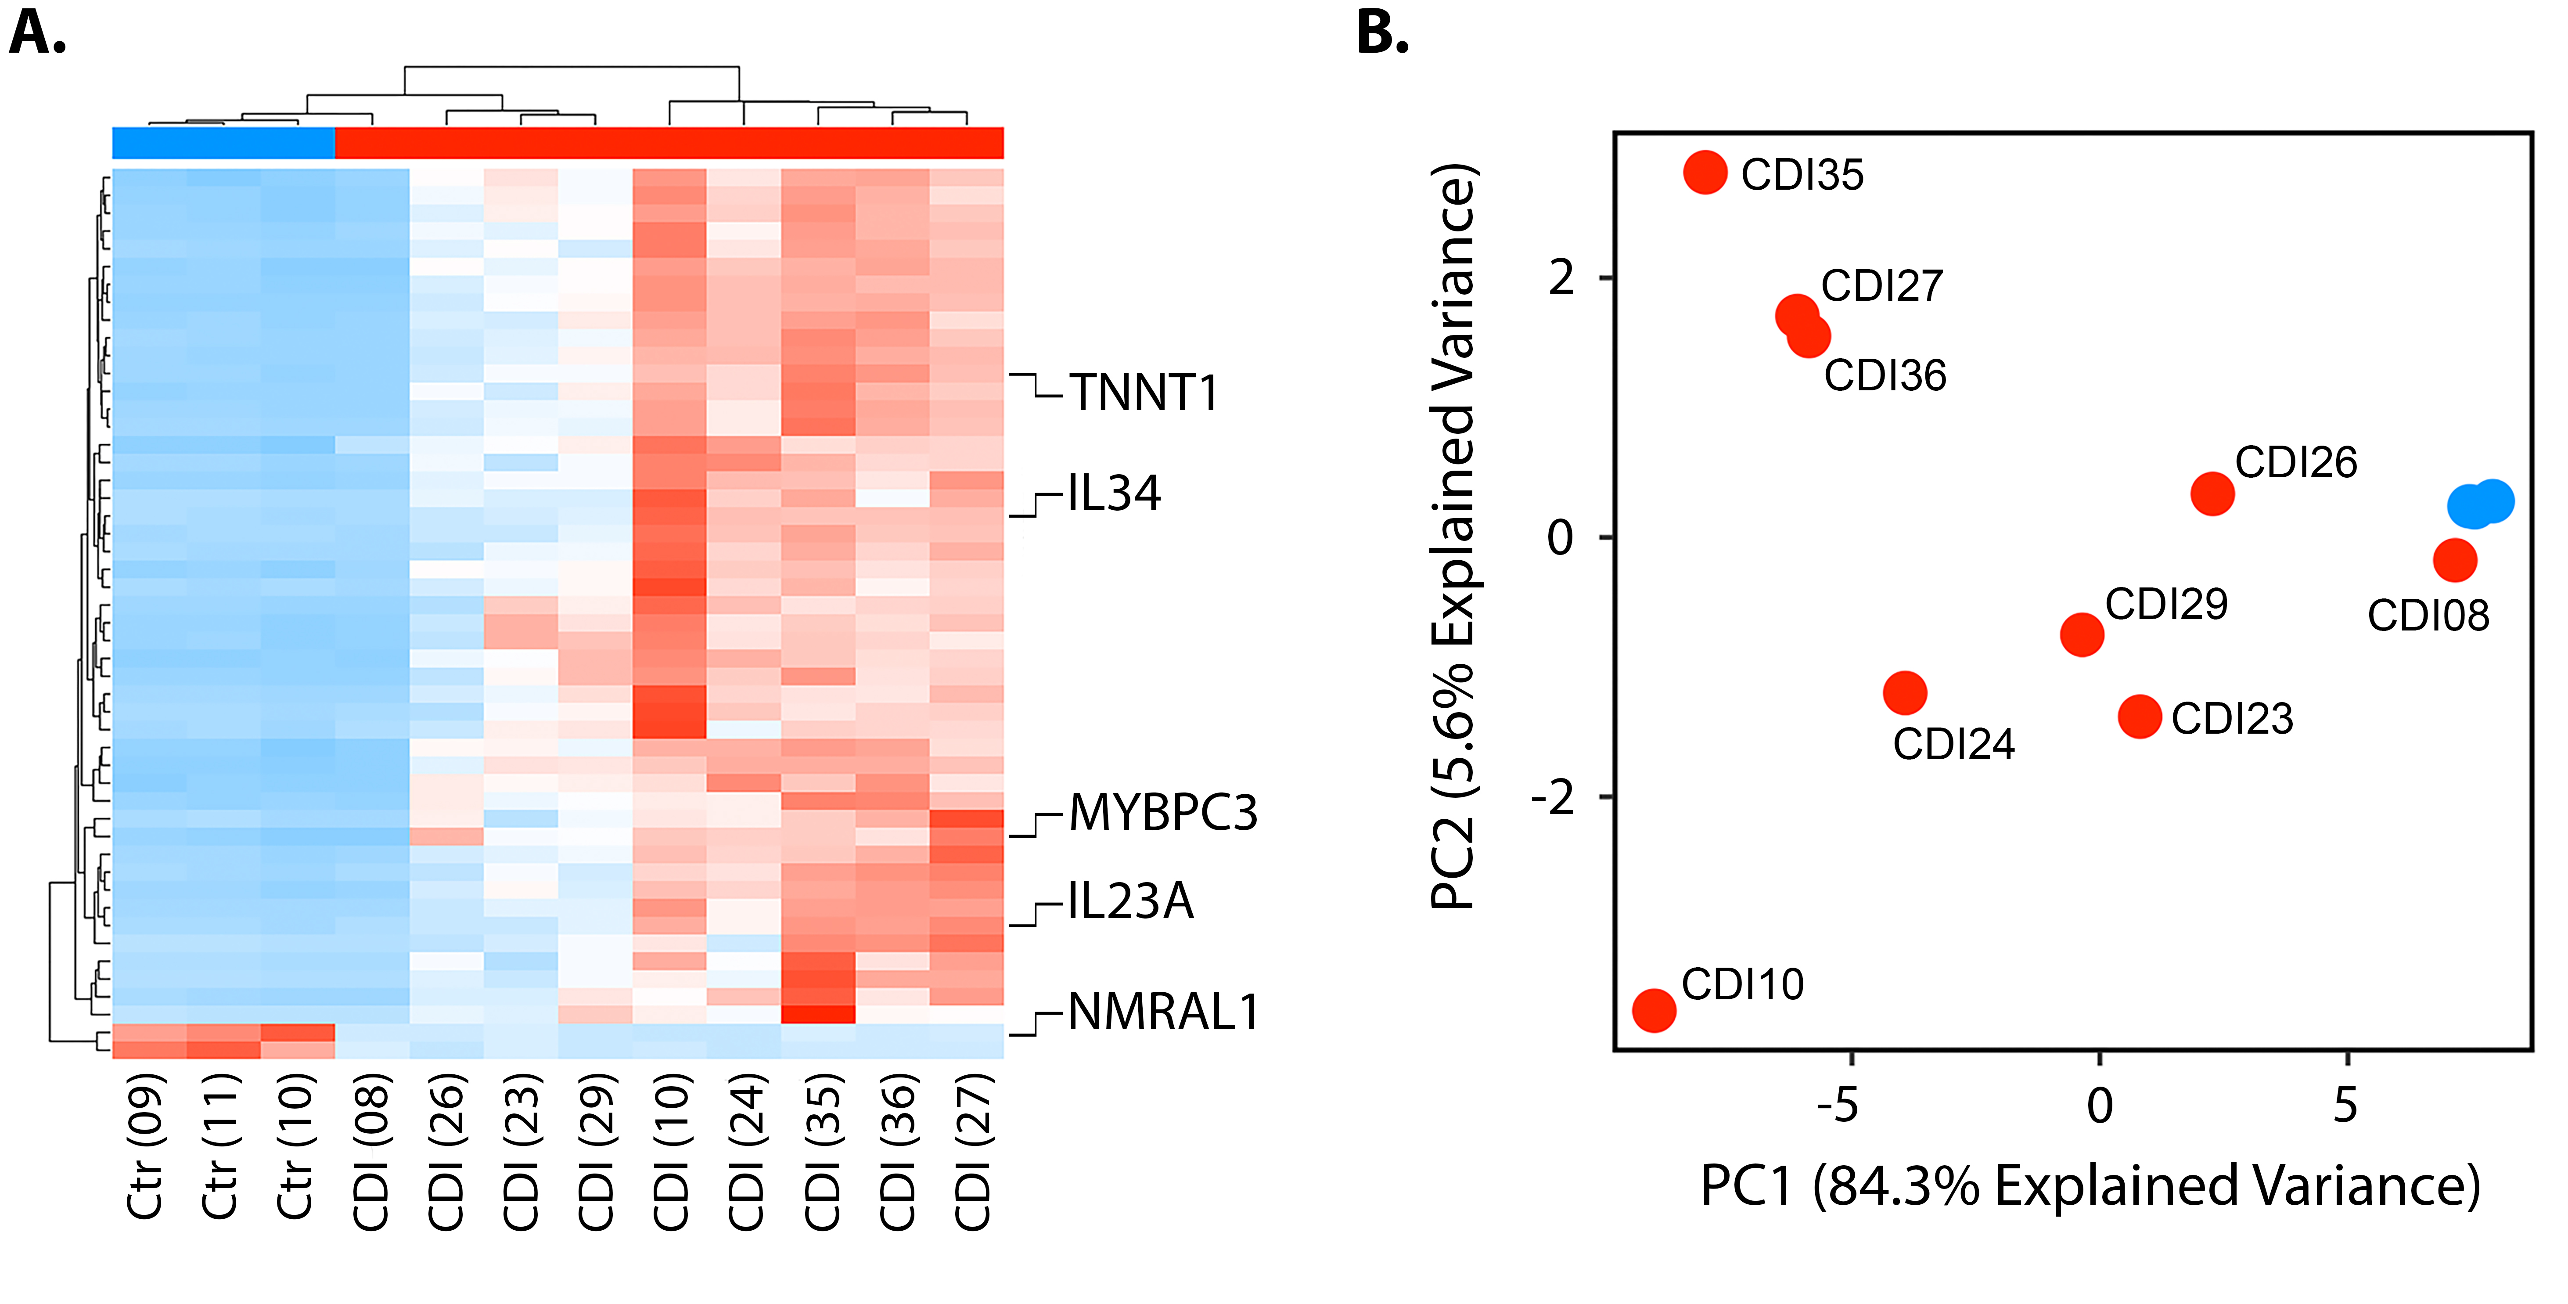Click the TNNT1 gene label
click(1144, 393)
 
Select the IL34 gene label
click(1114, 494)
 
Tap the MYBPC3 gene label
click(1162, 813)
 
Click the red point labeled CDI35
click(1705, 173)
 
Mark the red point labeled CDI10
click(1654, 1010)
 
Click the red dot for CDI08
click(2454, 560)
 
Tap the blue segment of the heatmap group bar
click(223, 143)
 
